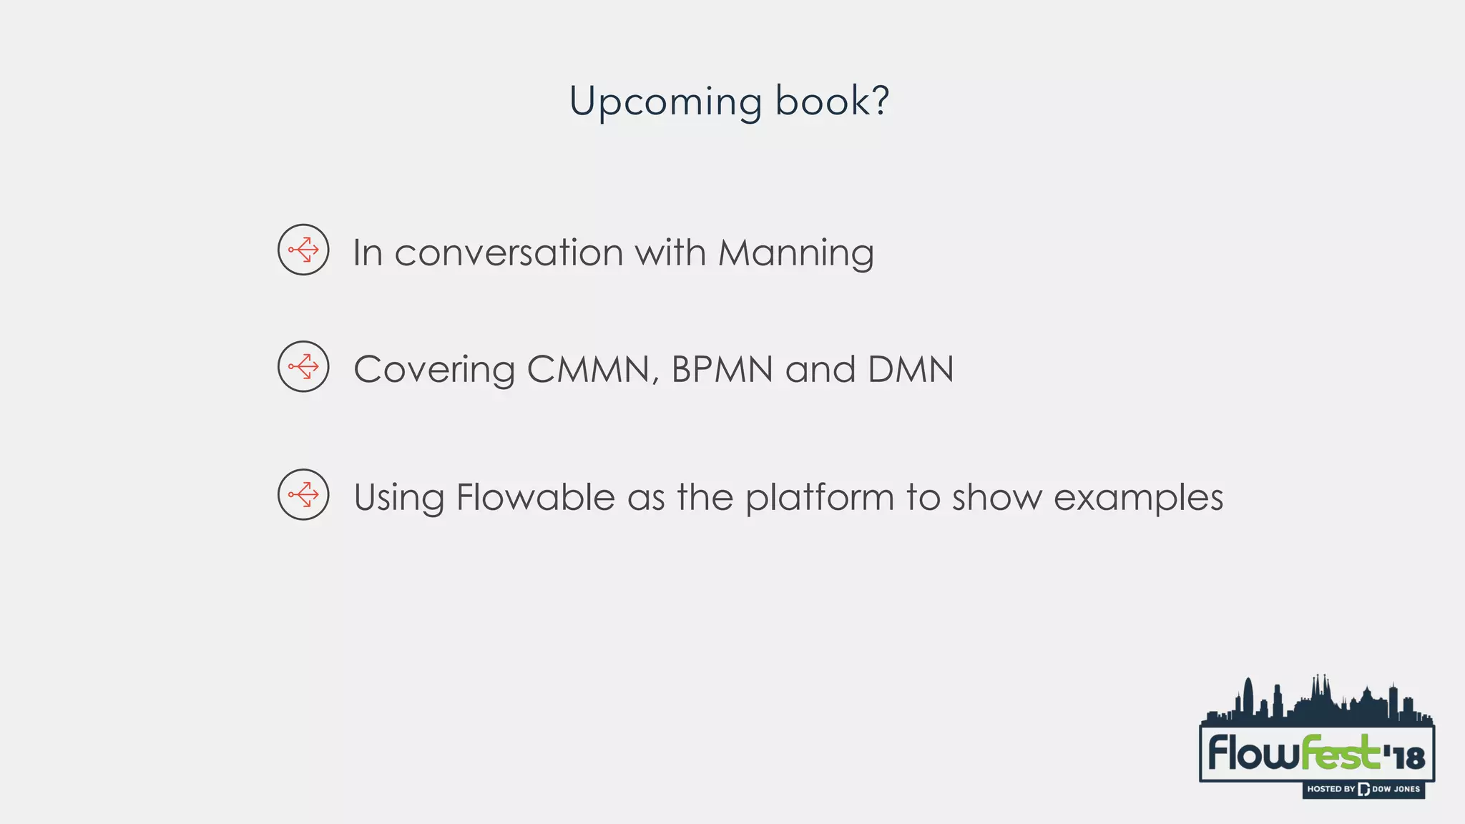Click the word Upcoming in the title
coord(665,102)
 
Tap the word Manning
coord(795,254)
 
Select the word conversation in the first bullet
coord(509,252)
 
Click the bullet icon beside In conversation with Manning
coord(303,250)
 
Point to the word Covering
coord(433,371)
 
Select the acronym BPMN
coord(722,370)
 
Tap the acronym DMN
coord(911,370)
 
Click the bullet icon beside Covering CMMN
coord(303,366)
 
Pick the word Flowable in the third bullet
coord(535,497)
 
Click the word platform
coord(820,499)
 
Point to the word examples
coord(1138,499)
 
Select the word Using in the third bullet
coord(398,499)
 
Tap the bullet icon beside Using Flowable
coord(303,494)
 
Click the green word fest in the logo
coord(1339,753)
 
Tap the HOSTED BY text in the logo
coord(1331,789)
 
